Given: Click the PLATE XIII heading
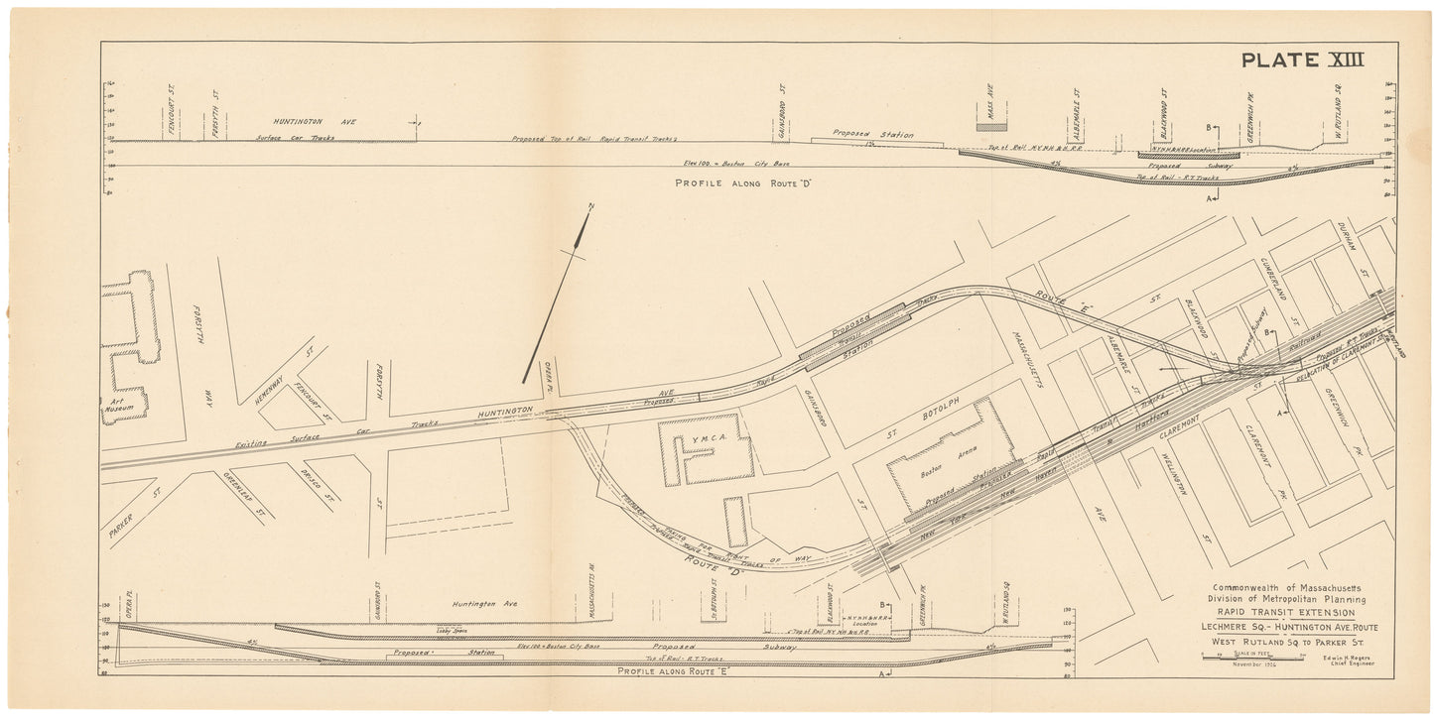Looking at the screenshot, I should pos(1302,60).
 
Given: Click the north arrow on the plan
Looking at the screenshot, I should pos(557,298).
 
